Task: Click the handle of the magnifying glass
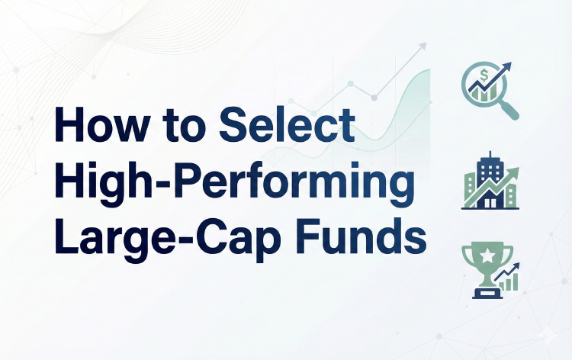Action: (x=510, y=111)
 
